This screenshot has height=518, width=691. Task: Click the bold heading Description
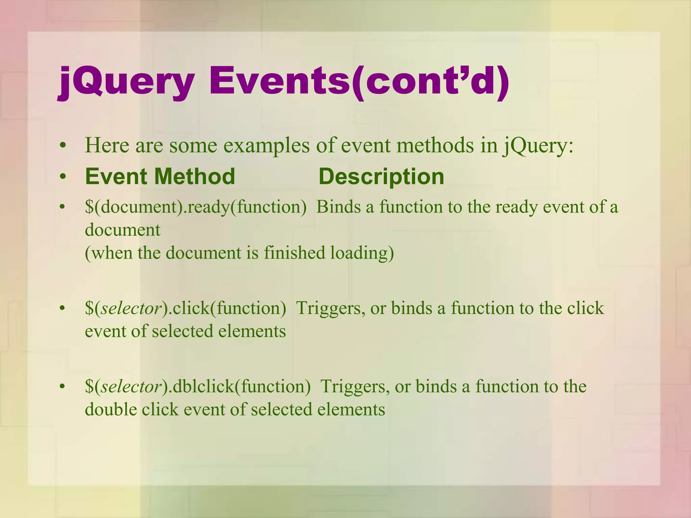[381, 176]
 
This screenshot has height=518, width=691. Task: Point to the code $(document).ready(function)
[196, 207]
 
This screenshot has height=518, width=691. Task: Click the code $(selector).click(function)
[185, 308]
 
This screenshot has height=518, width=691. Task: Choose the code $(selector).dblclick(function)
[198, 386]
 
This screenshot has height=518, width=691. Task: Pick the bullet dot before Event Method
[62, 177]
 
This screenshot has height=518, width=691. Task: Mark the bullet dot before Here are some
[62, 146]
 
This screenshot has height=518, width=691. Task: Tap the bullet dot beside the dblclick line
[62, 387]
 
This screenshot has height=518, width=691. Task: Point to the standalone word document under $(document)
[122, 230]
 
